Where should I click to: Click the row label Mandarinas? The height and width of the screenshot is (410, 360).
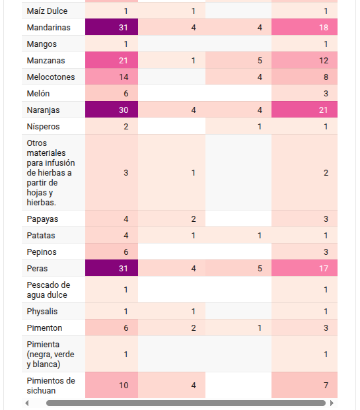tap(48, 28)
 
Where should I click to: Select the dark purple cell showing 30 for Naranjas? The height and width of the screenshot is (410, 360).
tap(112, 110)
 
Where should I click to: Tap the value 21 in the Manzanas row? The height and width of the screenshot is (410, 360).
tap(124, 61)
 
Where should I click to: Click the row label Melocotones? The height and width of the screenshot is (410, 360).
tap(51, 77)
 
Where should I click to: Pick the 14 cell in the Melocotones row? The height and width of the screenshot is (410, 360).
tap(112, 77)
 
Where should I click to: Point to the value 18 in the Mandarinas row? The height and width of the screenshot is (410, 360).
tap(324, 28)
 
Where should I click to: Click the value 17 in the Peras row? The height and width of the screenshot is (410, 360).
tap(324, 269)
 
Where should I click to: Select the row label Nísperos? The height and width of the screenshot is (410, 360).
tap(43, 127)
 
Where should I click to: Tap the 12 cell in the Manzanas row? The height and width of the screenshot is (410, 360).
tap(305, 61)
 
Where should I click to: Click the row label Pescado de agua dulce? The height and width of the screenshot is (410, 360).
tap(48, 290)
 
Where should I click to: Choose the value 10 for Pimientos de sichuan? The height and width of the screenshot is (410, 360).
tap(124, 385)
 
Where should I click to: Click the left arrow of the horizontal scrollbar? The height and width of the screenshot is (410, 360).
tap(26, 403)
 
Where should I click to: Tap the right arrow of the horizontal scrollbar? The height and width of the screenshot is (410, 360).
tap(332, 403)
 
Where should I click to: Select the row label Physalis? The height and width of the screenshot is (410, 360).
tap(42, 312)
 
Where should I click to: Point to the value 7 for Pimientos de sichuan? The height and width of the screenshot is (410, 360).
tap(326, 385)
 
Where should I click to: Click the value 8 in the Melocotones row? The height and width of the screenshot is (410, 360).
tap(326, 77)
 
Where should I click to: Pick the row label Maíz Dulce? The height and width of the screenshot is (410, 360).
tap(47, 11)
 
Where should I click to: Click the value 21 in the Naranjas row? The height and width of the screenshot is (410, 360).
tap(324, 110)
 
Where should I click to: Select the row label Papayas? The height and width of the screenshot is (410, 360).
tap(42, 219)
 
